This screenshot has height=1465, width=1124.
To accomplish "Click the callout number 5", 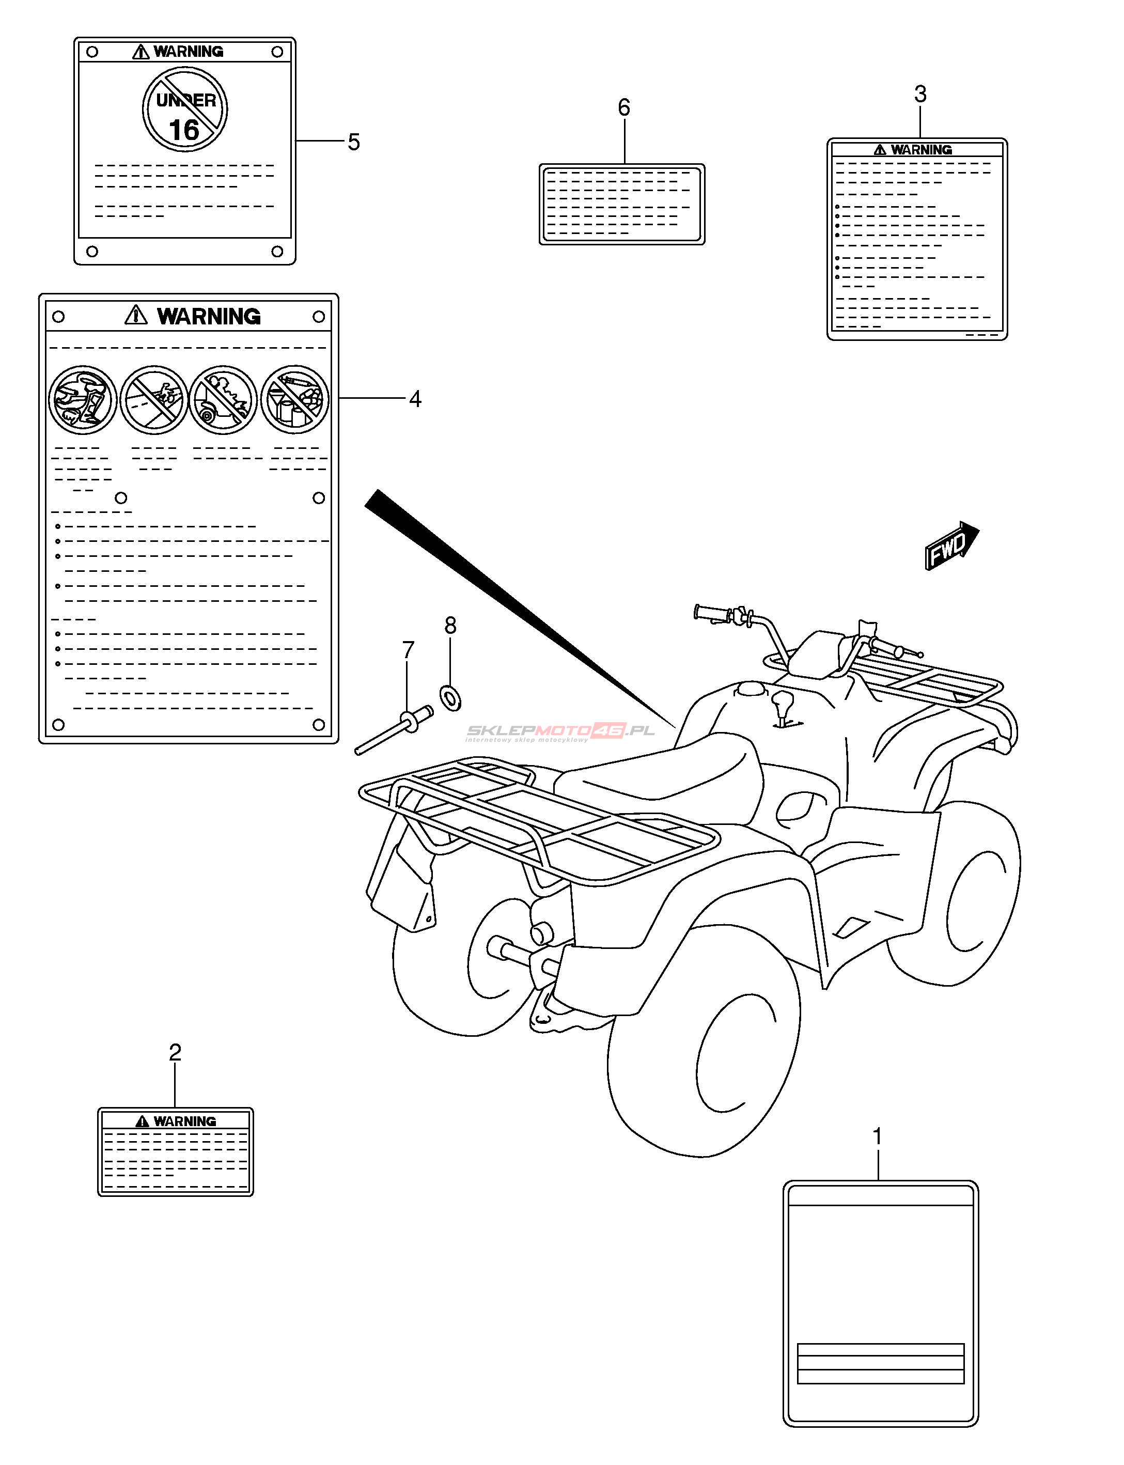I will click(x=353, y=142).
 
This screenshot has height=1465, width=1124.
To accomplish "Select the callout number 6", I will click(x=623, y=107).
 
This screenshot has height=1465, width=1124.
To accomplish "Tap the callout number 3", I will click(x=920, y=95).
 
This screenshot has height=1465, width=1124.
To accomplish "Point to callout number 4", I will click(x=415, y=399).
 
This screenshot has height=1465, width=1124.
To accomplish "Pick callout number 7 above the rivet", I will click(x=408, y=649).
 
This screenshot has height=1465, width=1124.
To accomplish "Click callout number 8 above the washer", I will click(x=450, y=626).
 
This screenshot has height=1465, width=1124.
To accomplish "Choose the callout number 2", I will click(x=175, y=1052).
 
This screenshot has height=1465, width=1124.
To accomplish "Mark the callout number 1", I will click(x=877, y=1136).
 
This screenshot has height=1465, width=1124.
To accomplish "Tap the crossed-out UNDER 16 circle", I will click(x=184, y=109).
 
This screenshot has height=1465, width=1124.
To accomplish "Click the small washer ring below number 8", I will click(x=450, y=698).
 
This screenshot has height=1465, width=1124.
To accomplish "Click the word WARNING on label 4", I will click(x=209, y=317).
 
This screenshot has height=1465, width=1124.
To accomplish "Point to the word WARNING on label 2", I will click(x=184, y=1121).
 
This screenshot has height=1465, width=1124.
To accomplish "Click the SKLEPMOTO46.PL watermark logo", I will click(x=560, y=731).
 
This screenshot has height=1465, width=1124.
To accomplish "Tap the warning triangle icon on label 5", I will click(x=140, y=52).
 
